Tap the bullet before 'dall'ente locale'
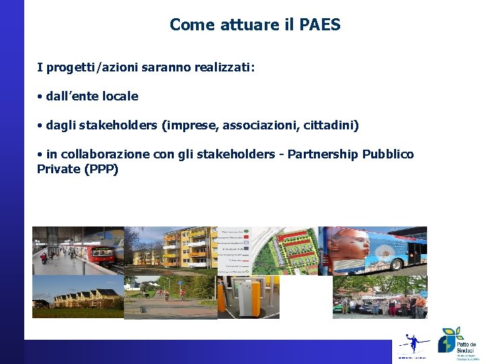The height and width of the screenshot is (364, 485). (x=40, y=96)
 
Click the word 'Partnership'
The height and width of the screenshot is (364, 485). (x=323, y=154)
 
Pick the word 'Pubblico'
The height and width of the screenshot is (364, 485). (x=388, y=154)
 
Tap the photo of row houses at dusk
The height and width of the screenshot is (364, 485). (x=77, y=297)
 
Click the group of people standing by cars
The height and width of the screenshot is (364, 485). (x=381, y=303)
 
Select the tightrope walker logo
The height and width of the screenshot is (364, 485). (x=412, y=343)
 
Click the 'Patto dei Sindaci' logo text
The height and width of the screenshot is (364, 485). (x=466, y=344)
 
